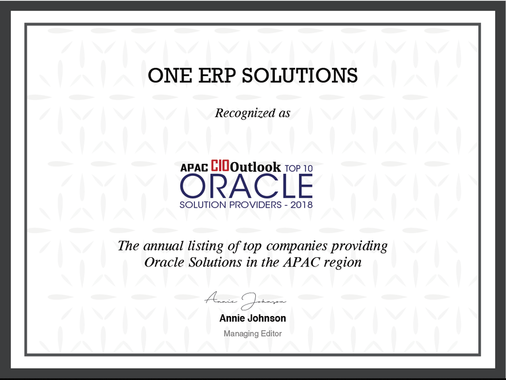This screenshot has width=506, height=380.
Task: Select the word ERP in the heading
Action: (217, 76)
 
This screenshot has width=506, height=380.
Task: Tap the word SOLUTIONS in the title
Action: (300, 76)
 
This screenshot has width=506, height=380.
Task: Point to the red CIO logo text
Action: (220, 165)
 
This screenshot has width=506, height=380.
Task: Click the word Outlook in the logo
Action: (255, 167)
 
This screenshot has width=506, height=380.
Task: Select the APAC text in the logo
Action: (194, 168)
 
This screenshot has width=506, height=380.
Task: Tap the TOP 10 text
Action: (299, 168)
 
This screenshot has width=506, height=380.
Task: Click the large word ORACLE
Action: (246, 186)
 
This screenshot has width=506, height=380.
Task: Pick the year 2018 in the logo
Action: (301, 205)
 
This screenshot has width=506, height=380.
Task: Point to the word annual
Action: (163, 246)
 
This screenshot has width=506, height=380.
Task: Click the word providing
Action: (360, 247)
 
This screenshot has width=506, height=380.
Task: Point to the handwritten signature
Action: (246, 300)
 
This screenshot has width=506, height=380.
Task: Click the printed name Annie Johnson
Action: (252, 318)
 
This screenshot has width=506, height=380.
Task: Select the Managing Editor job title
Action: (252, 334)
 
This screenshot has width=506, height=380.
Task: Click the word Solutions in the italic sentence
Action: (215, 262)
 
